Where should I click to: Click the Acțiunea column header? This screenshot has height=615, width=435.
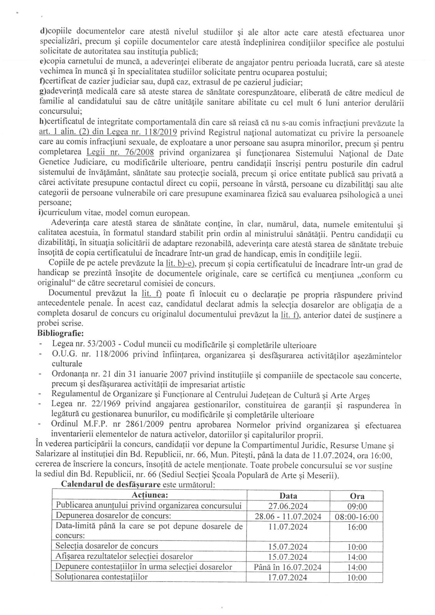coord(150,495)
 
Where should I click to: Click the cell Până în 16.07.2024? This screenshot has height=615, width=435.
coord(288,567)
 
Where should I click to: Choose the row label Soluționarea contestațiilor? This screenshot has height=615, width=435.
coord(102,577)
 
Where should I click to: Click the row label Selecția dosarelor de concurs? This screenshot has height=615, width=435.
coord(107,546)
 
